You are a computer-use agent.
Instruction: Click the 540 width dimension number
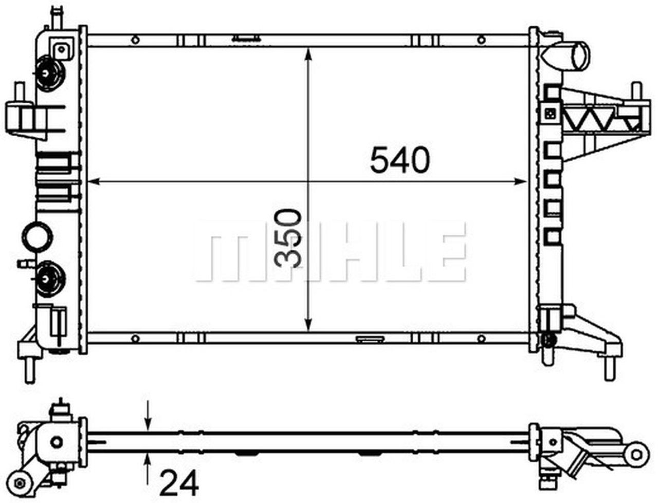(399, 160)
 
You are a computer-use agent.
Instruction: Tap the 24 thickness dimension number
(178, 483)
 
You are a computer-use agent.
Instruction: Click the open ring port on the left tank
(37, 236)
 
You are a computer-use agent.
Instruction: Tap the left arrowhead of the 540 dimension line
(93, 181)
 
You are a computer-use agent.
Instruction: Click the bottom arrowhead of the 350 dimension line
(308, 324)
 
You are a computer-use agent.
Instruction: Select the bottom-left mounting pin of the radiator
(30, 369)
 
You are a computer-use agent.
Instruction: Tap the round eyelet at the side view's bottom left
(21, 483)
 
